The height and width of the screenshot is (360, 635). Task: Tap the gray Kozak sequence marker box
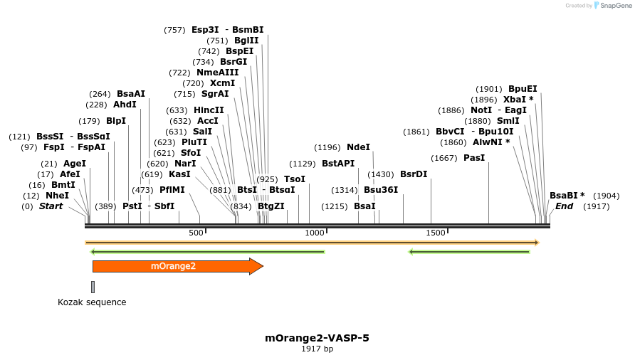93,287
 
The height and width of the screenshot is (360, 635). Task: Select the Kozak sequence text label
92,302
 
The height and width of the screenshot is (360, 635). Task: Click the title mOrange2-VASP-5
317,338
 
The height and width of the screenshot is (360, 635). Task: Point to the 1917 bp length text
317,349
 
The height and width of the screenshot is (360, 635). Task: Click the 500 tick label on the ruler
196,233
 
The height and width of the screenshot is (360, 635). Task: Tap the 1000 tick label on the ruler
315,233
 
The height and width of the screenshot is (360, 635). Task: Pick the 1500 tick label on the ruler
435,233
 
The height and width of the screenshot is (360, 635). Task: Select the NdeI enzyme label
358,147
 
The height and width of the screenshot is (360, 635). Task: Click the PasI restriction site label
474,158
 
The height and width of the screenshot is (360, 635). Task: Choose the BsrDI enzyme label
414,174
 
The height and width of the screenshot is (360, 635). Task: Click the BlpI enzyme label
116,121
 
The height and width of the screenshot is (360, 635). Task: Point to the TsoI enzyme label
295,179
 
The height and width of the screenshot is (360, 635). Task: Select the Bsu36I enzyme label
381,190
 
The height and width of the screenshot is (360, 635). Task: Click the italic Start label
51,206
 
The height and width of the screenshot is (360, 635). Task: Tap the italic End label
564,206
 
